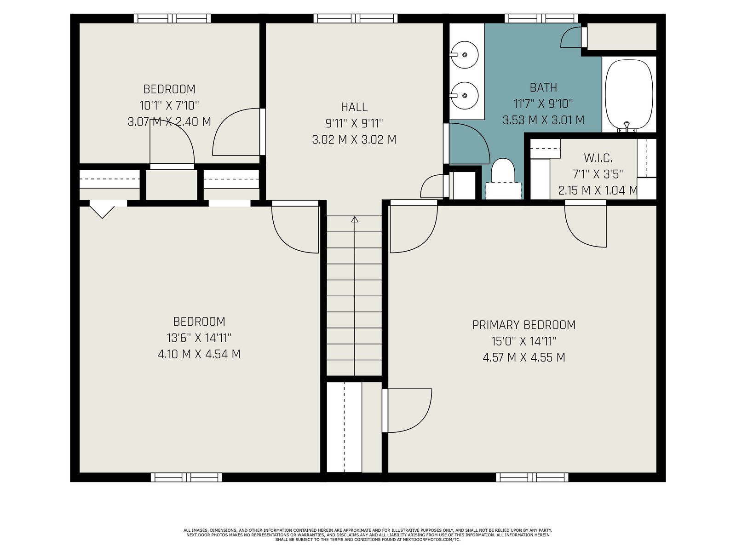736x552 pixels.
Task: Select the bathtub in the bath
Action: pyautogui.click(x=628, y=94)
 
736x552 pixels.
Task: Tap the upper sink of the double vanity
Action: pyautogui.click(x=464, y=55)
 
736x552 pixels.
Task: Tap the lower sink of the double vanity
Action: pyautogui.click(x=464, y=96)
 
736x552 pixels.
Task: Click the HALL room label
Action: pyautogui.click(x=354, y=107)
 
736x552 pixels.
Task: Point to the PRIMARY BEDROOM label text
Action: pyautogui.click(x=524, y=325)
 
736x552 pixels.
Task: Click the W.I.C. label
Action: pyautogui.click(x=598, y=157)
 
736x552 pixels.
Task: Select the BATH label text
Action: pyautogui.click(x=543, y=87)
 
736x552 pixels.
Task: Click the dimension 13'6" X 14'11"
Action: pyautogui.click(x=199, y=338)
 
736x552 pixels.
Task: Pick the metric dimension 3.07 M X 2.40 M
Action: pyautogui.click(x=169, y=121)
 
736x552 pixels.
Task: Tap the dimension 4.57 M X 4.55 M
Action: pyautogui.click(x=524, y=357)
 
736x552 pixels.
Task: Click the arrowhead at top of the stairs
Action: pyautogui.click(x=354, y=219)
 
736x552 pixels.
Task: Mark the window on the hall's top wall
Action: pyautogui.click(x=356, y=18)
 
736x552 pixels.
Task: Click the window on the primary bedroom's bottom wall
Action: pyautogui.click(x=532, y=477)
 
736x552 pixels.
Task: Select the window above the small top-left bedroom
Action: pyautogui.click(x=172, y=18)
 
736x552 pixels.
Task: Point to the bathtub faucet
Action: pyautogui.click(x=627, y=127)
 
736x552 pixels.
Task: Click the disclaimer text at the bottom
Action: pyautogui.click(x=368, y=535)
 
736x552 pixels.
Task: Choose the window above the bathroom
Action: pyautogui.click(x=541, y=18)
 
